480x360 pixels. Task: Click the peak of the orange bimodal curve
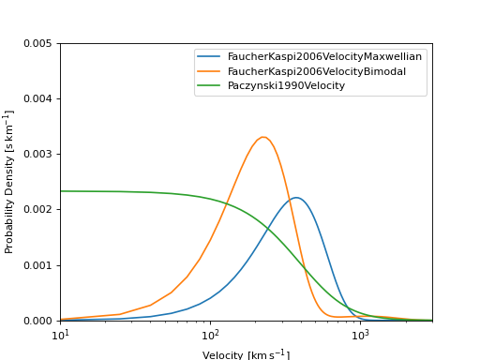pos(263,137)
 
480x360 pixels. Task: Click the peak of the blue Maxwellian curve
pos(296,198)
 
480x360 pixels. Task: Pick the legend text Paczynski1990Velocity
pos(286,85)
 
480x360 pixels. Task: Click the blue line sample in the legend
pos(210,56)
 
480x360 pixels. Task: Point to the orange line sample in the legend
pos(210,71)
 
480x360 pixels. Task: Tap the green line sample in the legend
pos(210,85)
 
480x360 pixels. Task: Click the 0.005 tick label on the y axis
pos(37,43)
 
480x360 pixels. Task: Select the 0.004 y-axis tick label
pos(37,98)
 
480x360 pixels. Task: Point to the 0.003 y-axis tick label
pos(37,154)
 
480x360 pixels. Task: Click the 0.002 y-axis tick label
pos(37,209)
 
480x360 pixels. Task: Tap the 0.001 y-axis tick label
pos(37,265)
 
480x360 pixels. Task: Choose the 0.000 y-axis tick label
pos(37,321)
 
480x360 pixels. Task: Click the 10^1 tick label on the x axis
pos(60,334)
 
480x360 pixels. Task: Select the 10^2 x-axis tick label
pos(210,334)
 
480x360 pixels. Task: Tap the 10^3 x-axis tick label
pos(360,334)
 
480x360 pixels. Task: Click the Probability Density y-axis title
pos(9,182)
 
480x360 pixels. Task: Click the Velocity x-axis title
pos(246,353)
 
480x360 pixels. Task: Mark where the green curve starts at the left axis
pos(61,191)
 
